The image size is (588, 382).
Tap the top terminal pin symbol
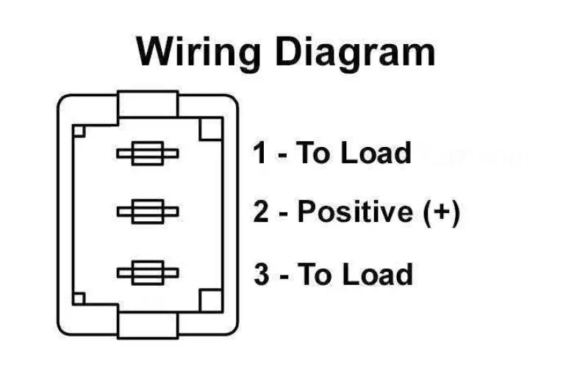click(x=147, y=154)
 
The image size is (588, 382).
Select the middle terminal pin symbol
click(x=147, y=212)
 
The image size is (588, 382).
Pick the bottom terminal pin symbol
click(x=147, y=273)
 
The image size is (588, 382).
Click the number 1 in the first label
click(x=261, y=154)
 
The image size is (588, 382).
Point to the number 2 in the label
click(x=262, y=212)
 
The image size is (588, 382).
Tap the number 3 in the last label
click(x=262, y=275)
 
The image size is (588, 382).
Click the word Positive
click(x=355, y=212)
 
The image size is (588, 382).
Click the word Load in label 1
click(x=376, y=154)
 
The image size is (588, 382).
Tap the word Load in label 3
click(x=377, y=275)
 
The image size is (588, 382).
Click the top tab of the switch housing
click(x=148, y=104)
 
